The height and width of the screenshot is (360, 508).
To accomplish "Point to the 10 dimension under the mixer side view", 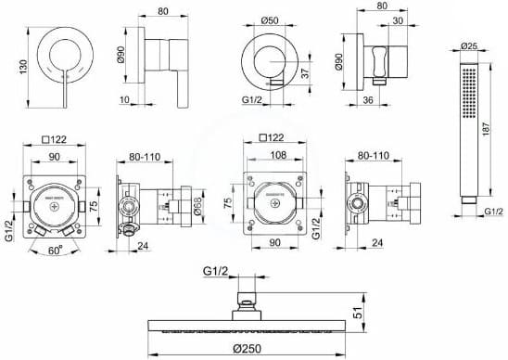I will (x=124, y=99).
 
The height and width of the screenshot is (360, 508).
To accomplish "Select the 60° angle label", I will (x=56, y=250).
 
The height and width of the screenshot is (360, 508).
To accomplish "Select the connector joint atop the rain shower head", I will (x=246, y=300).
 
